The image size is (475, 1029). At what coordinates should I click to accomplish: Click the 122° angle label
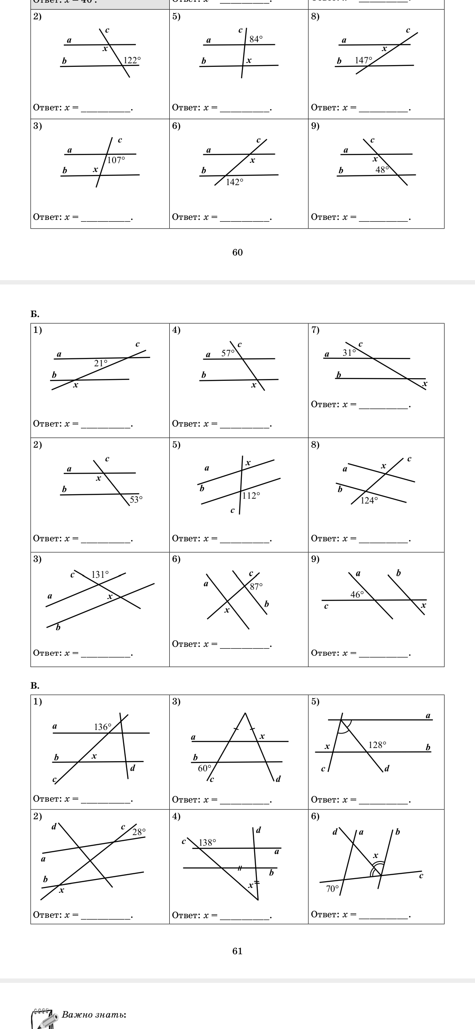click(x=132, y=60)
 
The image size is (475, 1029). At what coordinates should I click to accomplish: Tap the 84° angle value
click(x=256, y=39)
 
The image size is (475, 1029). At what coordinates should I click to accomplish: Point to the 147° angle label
click(x=364, y=60)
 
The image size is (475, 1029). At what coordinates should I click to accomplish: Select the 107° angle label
click(x=116, y=161)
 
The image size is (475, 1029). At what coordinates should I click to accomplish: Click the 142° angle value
click(x=234, y=182)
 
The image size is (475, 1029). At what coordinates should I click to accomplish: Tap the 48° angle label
click(x=382, y=170)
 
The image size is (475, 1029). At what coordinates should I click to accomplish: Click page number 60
click(x=237, y=252)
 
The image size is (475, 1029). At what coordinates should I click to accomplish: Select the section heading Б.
click(x=35, y=314)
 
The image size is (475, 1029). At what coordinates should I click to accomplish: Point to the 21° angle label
click(x=101, y=363)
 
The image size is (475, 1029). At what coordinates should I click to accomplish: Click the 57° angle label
click(x=228, y=353)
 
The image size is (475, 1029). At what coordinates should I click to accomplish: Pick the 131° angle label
click(x=100, y=574)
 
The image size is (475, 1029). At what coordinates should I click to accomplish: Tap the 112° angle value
click(x=251, y=496)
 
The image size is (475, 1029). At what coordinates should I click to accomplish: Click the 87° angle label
click(x=256, y=586)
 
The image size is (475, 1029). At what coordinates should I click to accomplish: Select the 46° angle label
click(x=357, y=595)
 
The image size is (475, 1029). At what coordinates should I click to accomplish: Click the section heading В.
click(x=35, y=686)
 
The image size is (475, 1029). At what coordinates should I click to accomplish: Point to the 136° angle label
click(x=103, y=727)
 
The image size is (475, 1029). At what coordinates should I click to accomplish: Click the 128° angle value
click(x=377, y=744)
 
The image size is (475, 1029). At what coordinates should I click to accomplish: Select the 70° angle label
click(x=332, y=888)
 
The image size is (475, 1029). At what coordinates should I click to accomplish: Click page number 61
click(x=237, y=951)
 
